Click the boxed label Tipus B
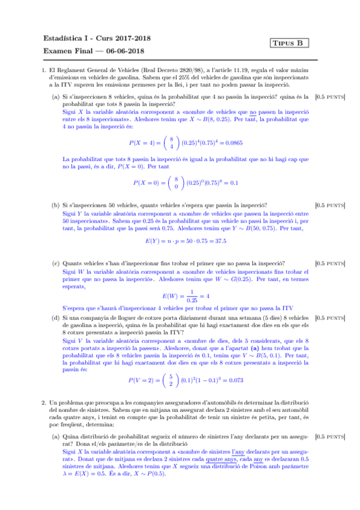coord(290,43)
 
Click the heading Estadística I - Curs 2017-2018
coord(97,37)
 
